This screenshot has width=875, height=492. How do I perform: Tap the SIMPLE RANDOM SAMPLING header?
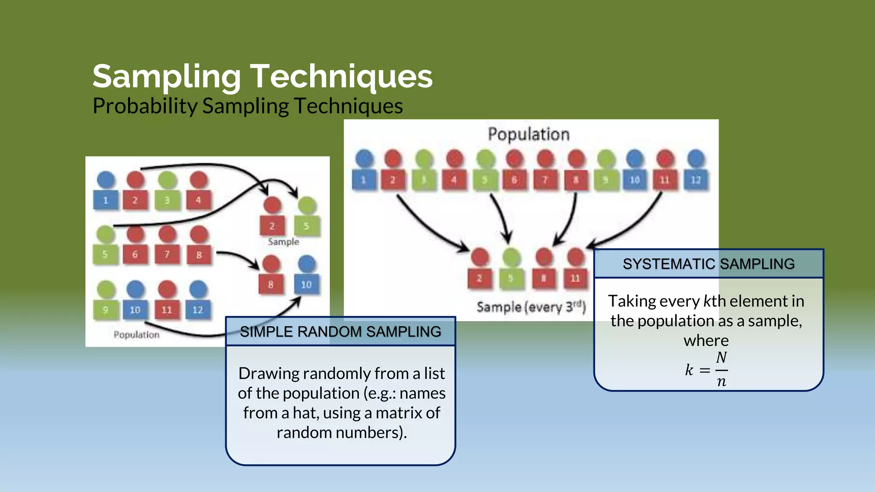(340, 331)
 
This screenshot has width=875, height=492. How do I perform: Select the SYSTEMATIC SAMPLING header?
(708, 264)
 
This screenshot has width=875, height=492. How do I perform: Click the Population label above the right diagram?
(529, 134)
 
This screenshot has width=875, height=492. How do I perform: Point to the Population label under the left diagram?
(136, 334)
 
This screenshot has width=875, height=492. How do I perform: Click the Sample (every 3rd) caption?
(531, 307)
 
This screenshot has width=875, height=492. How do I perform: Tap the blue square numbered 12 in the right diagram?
(696, 180)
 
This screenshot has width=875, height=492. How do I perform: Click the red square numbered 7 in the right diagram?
(545, 180)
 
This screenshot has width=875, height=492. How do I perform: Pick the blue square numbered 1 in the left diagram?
(106, 200)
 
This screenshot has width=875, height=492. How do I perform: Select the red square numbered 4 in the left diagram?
(198, 200)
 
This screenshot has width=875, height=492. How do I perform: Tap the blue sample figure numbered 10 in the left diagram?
(306, 284)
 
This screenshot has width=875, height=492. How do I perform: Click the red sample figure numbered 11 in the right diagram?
(575, 278)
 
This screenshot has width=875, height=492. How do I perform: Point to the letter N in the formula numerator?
(721, 357)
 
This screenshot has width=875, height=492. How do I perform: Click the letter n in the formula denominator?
(721, 381)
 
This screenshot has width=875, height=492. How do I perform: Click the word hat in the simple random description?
(305, 413)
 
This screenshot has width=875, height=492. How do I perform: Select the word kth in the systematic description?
(714, 301)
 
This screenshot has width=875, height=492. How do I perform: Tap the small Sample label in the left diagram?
(283, 242)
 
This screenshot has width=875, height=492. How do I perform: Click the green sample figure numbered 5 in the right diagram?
(511, 278)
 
